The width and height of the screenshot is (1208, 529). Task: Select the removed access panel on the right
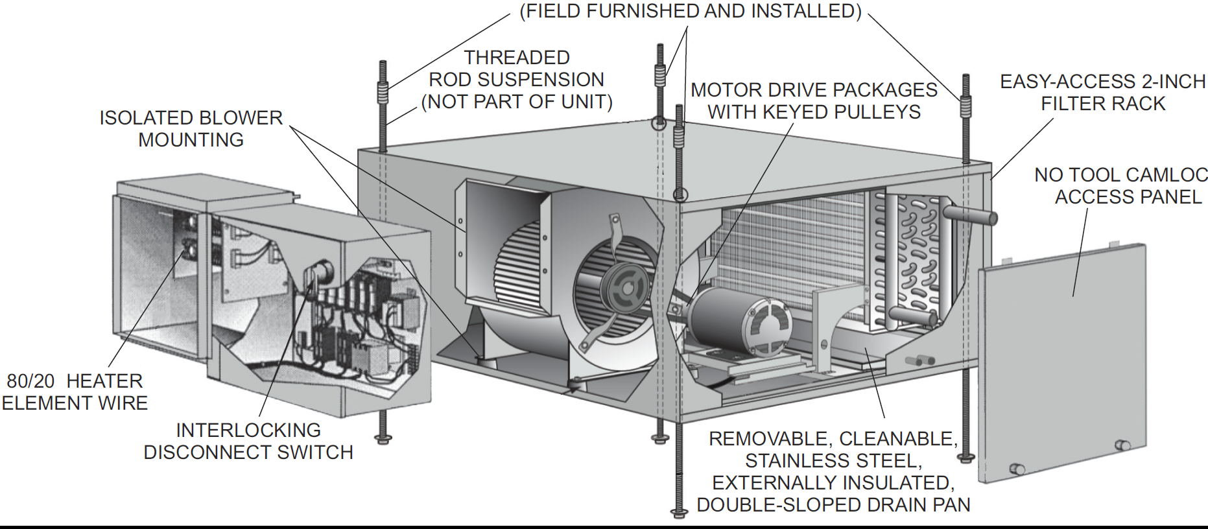coord(1063,363)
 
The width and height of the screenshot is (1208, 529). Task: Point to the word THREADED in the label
coord(517,58)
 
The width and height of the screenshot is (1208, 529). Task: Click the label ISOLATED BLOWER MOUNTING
coord(191,128)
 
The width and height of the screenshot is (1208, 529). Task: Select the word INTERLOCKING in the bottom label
coord(248,430)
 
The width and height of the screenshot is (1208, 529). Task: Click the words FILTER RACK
coord(1103,104)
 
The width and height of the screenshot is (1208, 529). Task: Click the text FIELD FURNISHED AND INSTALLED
coord(691,11)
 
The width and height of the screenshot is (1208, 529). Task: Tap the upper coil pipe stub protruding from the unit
coord(971,215)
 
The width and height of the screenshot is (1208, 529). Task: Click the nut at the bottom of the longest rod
coord(679,513)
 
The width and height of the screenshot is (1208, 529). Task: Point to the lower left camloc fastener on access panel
coord(1017,469)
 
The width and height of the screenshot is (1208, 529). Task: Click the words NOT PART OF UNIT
coord(517,102)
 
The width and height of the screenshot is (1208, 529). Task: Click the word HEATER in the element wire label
coord(104,381)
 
